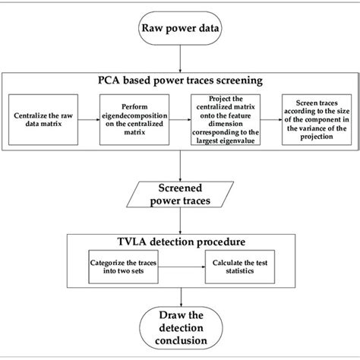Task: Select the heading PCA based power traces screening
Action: tap(180, 80)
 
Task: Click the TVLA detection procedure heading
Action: tap(180, 242)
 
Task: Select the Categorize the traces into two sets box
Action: tap(134, 272)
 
